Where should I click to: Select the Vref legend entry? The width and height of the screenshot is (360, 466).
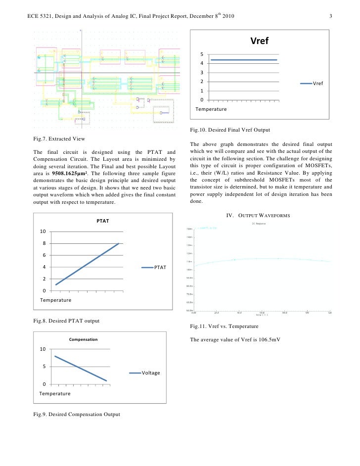[x=312, y=84]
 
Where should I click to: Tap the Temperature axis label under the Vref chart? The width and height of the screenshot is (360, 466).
[x=211, y=109]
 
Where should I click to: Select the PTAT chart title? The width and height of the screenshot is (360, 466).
[x=102, y=221]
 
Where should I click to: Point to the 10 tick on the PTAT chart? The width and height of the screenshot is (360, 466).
[x=44, y=232]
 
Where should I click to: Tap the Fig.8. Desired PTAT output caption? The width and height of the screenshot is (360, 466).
[x=66, y=321]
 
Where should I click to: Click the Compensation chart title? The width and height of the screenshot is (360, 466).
[x=83, y=340]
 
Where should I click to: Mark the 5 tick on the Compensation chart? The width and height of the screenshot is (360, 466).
[x=45, y=367]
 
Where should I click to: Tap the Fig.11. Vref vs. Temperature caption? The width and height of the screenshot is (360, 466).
[x=224, y=326]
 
